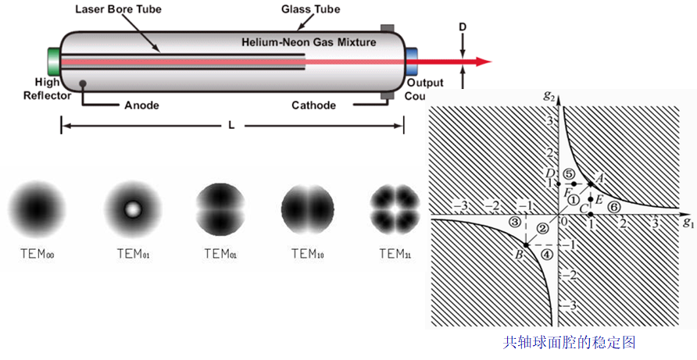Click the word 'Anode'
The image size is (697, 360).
[x=142, y=105]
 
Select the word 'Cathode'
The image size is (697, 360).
[x=314, y=105]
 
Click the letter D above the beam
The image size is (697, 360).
[x=463, y=27]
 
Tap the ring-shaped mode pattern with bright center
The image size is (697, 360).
[x=132, y=209]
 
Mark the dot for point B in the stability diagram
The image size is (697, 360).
[x=526, y=244]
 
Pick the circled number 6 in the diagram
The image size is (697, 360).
[x=614, y=208]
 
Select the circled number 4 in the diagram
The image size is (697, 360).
[x=547, y=253]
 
